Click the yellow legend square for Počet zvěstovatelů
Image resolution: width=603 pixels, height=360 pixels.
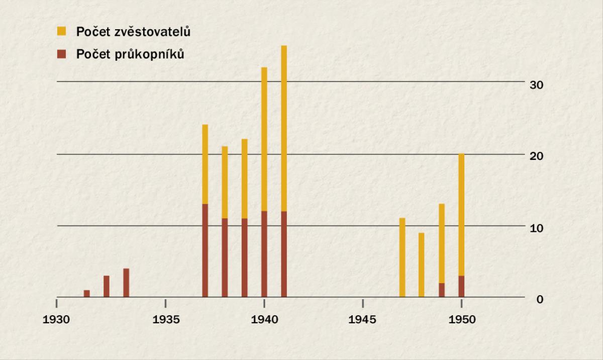point(62,32)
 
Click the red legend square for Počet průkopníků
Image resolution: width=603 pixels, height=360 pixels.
point(62,54)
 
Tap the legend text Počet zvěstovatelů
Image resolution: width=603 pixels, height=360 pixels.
point(133,32)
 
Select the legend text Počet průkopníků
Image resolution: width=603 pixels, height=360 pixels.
point(130,54)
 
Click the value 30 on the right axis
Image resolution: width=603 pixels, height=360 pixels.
point(537,85)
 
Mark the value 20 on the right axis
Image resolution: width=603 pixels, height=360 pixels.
point(537,156)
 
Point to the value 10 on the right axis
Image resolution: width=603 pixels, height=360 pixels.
point(537,228)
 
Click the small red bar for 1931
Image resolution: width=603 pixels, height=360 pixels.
point(87,294)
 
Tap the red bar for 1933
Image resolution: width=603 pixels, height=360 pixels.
point(126,283)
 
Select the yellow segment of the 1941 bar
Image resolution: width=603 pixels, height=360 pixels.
point(284,128)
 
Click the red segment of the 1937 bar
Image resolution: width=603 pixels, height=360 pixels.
point(205,250)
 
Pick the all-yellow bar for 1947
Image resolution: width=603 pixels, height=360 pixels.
point(402,257)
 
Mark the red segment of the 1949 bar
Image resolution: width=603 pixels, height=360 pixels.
point(442,290)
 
